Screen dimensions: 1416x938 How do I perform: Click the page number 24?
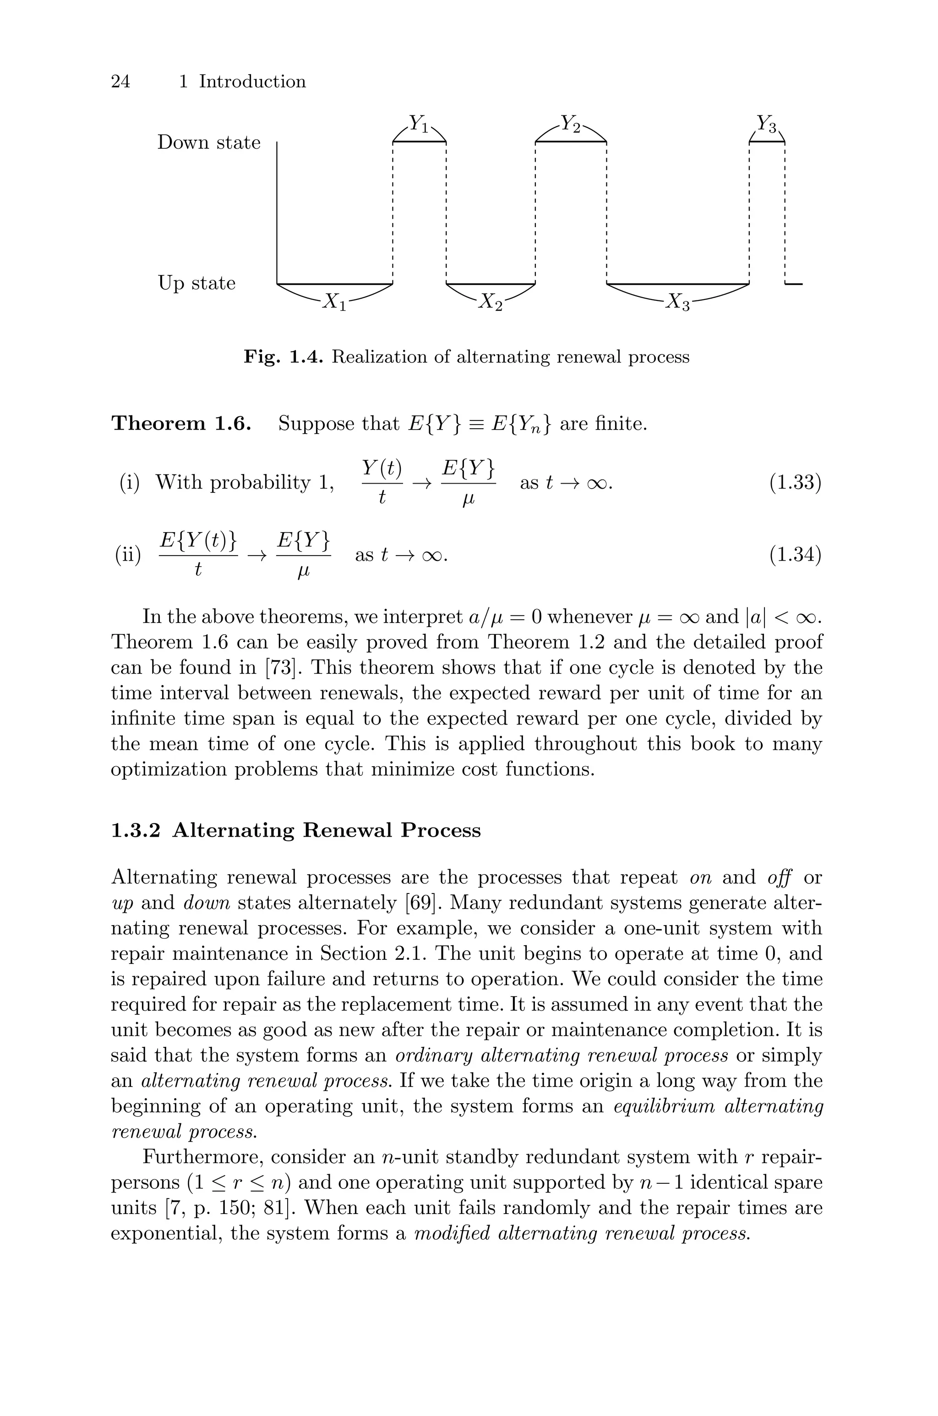tap(120, 82)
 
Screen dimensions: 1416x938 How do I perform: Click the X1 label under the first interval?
tap(334, 302)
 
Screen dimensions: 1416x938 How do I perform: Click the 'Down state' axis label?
tap(209, 143)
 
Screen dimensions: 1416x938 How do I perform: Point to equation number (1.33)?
tap(795, 483)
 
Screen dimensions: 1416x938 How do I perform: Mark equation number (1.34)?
tap(795, 556)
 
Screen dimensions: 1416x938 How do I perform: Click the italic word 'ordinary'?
tap(434, 1056)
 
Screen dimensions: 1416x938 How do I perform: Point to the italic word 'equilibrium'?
tap(664, 1107)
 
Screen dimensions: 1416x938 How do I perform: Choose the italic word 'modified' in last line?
tap(451, 1234)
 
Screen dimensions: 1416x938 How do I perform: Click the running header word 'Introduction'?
tap(252, 82)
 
